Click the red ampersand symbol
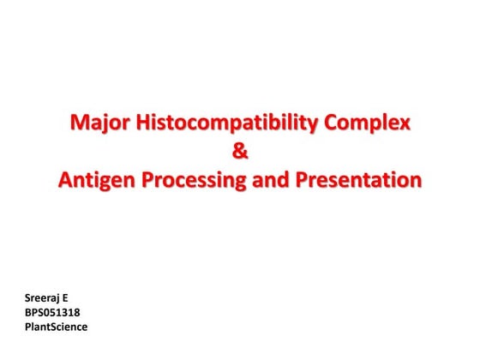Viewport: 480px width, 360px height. [x=240, y=153]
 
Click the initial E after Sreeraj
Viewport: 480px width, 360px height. [x=65, y=299]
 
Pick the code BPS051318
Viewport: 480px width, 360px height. [x=54, y=313]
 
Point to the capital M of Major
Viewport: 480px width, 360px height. [x=79, y=124]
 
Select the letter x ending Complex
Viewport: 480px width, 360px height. [x=405, y=124]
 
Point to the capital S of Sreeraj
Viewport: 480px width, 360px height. [x=29, y=299]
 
